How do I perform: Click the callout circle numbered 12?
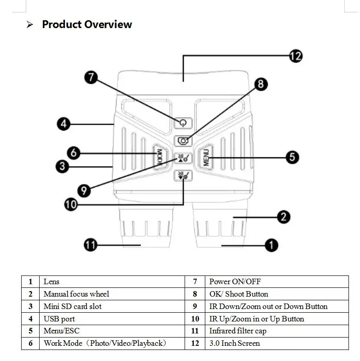click(x=296, y=56)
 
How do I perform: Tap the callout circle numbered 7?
click(x=91, y=77)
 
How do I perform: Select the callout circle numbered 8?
click(x=261, y=84)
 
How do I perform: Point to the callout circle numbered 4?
click(x=63, y=124)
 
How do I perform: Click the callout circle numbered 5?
click(x=292, y=157)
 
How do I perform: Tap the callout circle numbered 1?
click(x=272, y=245)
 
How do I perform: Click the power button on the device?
click(x=183, y=123)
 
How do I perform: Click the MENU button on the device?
click(x=206, y=157)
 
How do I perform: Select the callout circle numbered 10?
click(x=71, y=204)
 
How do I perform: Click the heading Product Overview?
click(x=87, y=24)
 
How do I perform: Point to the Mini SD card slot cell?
click(x=72, y=306)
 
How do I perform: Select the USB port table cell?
click(x=59, y=319)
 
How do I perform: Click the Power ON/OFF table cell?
click(x=235, y=281)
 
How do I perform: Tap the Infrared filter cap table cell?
click(x=238, y=331)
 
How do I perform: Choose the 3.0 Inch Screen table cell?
click(x=234, y=344)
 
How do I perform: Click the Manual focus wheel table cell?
click(x=76, y=294)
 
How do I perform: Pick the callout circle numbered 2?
click(x=284, y=217)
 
